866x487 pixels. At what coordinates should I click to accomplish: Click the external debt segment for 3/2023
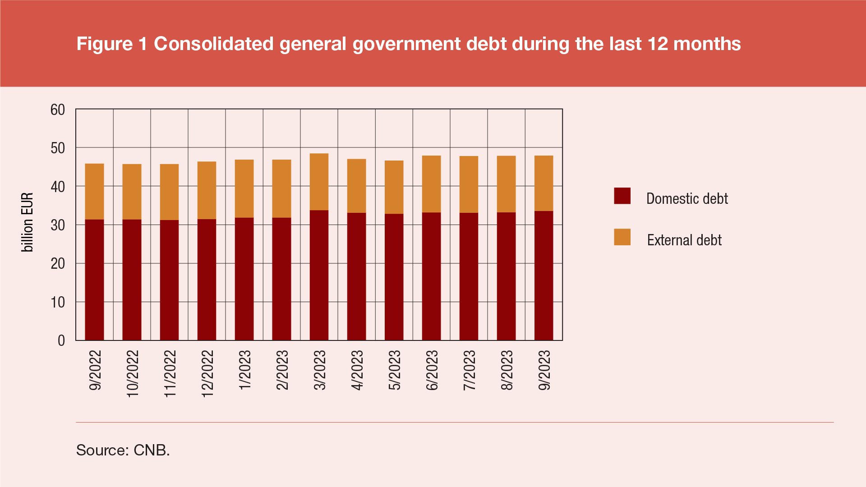click(319, 182)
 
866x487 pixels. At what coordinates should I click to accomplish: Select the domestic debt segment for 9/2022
click(94, 280)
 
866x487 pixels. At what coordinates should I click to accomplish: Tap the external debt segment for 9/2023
click(544, 183)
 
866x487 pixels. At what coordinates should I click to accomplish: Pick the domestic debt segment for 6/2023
click(431, 276)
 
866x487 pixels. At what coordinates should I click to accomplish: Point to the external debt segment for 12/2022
click(207, 190)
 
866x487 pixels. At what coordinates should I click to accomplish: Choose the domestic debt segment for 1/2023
click(244, 279)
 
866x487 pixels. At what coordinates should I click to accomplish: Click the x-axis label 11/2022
click(170, 374)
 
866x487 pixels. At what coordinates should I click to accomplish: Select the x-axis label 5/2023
click(394, 370)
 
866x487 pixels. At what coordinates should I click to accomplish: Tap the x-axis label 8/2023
click(507, 370)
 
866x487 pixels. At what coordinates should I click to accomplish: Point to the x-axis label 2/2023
click(282, 370)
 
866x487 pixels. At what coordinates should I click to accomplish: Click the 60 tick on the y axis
click(58, 110)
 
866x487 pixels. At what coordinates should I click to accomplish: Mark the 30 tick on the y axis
click(58, 225)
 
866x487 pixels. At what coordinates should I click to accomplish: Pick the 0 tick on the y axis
click(61, 341)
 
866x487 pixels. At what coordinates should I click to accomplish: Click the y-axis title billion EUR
click(27, 222)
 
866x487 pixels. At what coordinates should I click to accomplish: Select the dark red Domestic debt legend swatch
click(622, 196)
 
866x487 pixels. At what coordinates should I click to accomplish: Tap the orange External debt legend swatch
click(622, 237)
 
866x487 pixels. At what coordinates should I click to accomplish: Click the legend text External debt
click(684, 240)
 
